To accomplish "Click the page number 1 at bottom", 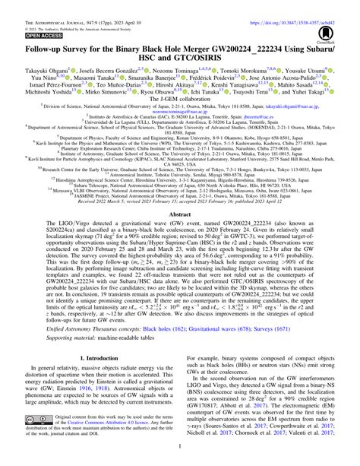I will tap(179, 461).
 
